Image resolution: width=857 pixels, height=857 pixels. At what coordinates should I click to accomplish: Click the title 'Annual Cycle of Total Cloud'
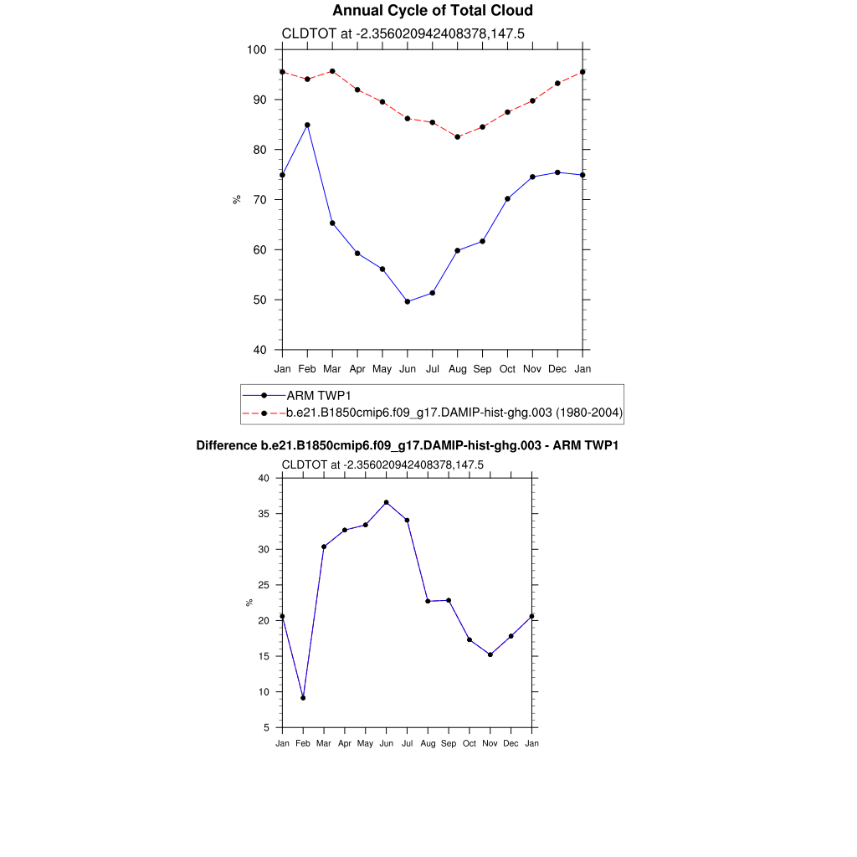(432, 11)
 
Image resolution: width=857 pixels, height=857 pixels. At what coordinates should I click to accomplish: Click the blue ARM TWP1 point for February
(307, 125)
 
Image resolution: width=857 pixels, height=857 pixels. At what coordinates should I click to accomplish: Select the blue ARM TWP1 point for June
(408, 301)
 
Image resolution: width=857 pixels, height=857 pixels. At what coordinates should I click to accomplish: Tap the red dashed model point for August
(457, 136)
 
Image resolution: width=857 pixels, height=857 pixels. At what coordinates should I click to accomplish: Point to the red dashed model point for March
(332, 71)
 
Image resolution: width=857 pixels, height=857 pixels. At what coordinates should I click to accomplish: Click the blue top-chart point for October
(507, 198)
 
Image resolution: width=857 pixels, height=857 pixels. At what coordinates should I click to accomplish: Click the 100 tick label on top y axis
(257, 50)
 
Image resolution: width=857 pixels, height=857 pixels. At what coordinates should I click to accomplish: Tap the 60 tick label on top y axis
(259, 250)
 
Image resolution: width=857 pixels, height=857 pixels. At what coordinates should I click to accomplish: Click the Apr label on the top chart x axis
(357, 368)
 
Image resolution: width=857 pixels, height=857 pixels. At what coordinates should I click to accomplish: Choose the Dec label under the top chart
(557, 368)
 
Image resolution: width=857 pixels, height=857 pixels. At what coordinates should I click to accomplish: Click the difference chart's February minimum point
(303, 697)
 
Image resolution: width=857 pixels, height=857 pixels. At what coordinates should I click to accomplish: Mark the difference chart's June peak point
(386, 502)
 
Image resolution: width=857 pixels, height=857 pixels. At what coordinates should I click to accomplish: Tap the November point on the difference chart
(490, 654)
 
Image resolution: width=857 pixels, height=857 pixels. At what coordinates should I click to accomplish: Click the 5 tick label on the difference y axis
(266, 727)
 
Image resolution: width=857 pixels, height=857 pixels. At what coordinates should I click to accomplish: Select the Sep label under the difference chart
(449, 743)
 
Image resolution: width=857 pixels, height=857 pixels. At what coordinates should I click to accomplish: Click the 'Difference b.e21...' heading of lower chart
(407, 445)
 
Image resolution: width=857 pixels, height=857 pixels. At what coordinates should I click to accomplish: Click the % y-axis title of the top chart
(237, 199)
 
